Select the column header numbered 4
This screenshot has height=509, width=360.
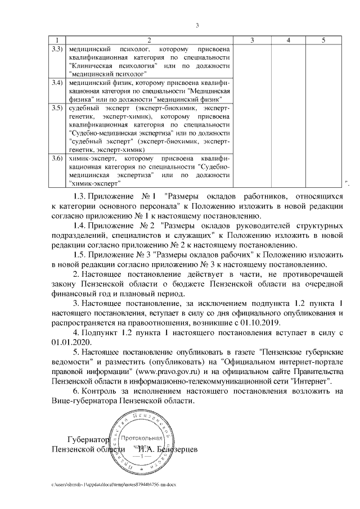(x=288, y=40)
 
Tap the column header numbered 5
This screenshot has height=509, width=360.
(x=323, y=40)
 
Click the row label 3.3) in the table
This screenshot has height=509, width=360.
(x=56, y=49)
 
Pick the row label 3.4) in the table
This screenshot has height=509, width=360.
(x=56, y=82)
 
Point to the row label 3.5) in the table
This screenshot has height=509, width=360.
(x=56, y=107)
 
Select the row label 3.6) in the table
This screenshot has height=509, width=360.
(x=56, y=159)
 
